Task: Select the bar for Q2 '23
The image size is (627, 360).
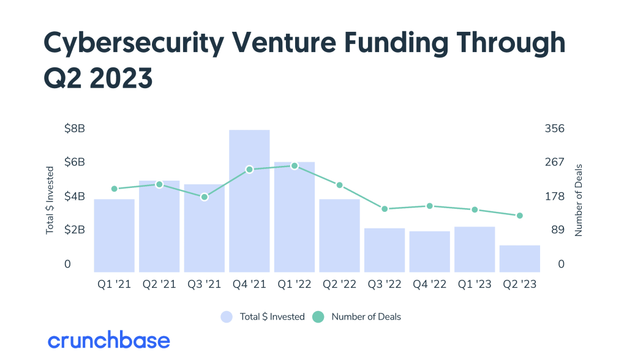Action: point(520,258)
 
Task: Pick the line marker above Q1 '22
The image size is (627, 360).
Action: point(295,166)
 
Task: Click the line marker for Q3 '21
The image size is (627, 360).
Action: point(205,197)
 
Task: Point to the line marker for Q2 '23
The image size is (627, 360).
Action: point(520,216)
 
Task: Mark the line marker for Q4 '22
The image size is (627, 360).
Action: point(430,206)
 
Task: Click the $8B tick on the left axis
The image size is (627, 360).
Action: point(74,129)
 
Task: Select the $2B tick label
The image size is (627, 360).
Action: point(74,230)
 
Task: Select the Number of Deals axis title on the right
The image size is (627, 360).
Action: point(577,200)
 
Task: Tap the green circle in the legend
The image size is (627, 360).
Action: point(318,317)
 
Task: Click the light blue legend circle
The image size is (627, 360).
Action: point(227,317)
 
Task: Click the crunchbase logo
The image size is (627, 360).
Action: point(108,340)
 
